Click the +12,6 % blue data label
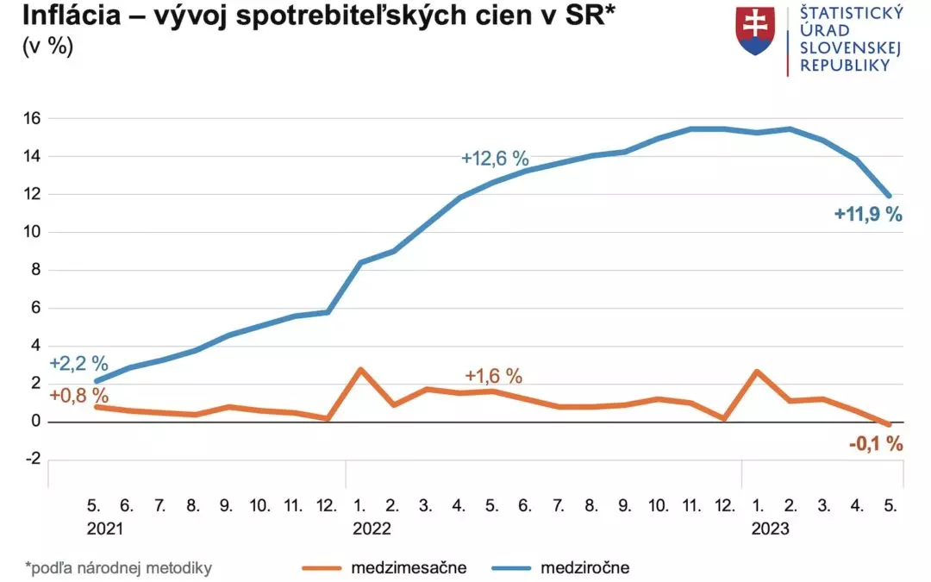click(495, 159)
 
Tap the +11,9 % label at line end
click(868, 215)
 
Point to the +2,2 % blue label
click(78, 363)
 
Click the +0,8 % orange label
click(78, 396)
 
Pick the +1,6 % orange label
click(493, 376)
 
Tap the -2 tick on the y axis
click(32, 460)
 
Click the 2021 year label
click(104, 529)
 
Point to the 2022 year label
click(372, 529)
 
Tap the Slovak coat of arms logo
click(755, 31)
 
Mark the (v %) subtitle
click(48, 47)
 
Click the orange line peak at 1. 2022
click(360, 369)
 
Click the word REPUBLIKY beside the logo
click(844, 66)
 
